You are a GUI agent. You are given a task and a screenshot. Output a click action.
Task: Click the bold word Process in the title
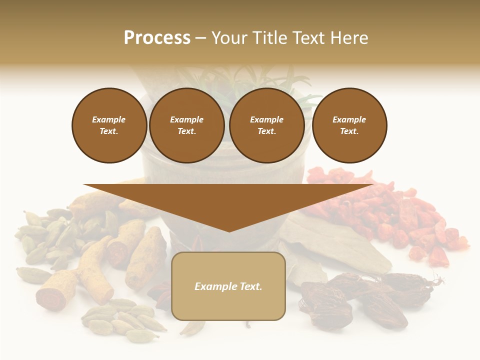pos(157,38)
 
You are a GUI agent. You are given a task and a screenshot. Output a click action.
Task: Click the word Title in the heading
pos(269,38)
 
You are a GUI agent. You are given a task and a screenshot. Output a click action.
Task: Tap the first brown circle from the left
pos(109,125)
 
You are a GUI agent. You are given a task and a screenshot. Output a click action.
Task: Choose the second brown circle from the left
pos(186,125)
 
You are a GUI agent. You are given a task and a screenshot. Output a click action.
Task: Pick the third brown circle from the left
pos(266,125)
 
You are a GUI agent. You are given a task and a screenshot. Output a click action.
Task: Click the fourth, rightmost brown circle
pos(349,125)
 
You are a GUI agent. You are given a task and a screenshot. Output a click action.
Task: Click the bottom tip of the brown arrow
pos(229,230)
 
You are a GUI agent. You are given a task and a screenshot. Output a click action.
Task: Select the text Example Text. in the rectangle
pos(228,286)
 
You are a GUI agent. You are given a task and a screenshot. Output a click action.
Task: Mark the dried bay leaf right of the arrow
pos(340,245)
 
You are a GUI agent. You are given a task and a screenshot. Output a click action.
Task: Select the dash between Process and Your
pos(200,38)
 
